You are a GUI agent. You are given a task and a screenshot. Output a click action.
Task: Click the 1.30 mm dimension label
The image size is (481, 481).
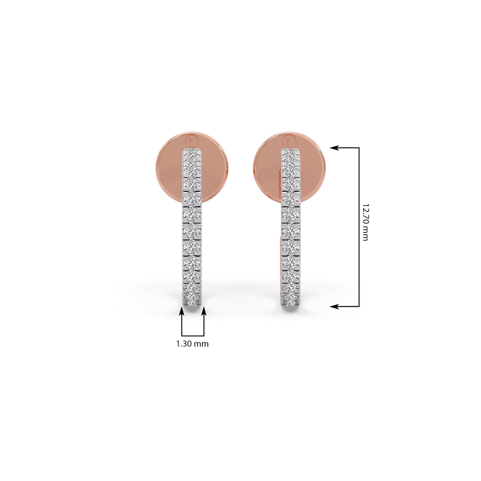(x=192, y=344)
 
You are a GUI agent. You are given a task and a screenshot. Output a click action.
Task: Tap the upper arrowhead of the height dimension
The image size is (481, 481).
(x=335, y=148)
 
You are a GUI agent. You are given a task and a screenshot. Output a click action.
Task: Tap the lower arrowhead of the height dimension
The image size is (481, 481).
(x=335, y=306)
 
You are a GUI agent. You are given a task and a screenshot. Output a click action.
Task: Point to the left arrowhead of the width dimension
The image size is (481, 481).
(x=182, y=312)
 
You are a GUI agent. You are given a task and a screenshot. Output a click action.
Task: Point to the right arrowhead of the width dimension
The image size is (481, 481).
(x=204, y=312)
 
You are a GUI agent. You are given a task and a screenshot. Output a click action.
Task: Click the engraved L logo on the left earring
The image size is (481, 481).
(x=192, y=142)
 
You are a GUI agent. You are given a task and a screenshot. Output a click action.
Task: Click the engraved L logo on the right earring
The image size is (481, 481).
(x=290, y=142)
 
